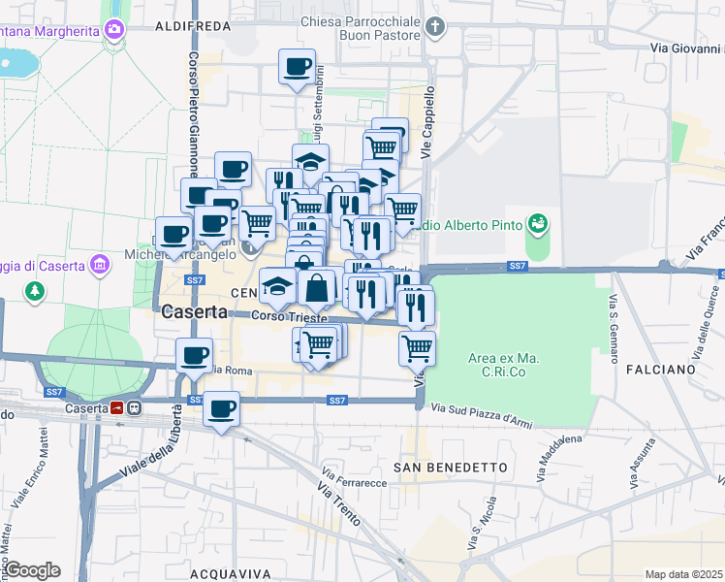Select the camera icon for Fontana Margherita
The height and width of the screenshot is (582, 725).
click(116, 30)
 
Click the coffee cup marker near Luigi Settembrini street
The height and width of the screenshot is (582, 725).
click(298, 67)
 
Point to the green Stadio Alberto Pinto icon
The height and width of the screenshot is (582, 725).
click(537, 225)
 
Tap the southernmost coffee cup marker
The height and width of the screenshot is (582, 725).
click(221, 409)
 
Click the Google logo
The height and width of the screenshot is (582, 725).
click(31, 570)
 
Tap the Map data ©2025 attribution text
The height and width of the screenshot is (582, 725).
click(682, 574)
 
